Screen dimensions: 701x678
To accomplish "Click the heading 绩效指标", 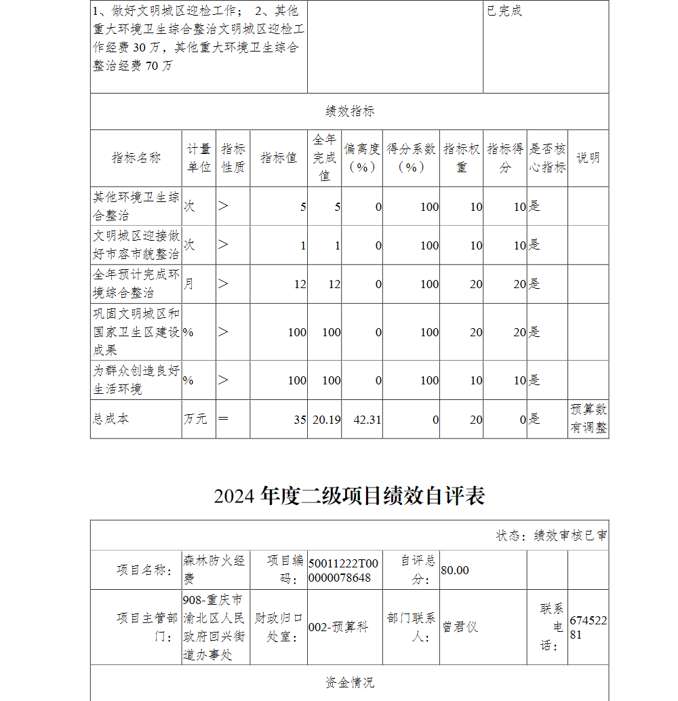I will pyautogui.click(x=349, y=111).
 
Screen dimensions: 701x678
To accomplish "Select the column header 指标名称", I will pyautogui.click(x=136, y=158).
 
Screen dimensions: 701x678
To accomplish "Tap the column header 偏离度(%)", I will pyautogui.click(x=361, y=158).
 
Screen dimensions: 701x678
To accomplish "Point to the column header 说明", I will pyautogui.click(x=588, y=158).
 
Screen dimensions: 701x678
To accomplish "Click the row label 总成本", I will pyautogui.click(x=111, y=419).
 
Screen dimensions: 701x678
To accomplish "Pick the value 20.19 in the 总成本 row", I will pyautogui.click(x=326, y=420).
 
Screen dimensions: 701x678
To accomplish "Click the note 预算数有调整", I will pyautogui.click(x=588, y=419).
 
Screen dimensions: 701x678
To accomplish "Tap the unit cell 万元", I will pyautogui.click(x=195, y=419).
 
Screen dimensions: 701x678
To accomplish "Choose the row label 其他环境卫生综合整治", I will pyautogui.click(x=136, y=206).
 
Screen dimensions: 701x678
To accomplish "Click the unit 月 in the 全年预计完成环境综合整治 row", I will pyautogui.click(x=188, y=284).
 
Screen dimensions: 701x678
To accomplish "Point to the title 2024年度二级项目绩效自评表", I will pyautogui.click(x=349, y=496).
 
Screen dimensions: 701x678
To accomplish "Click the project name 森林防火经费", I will pyautogui.click(x=214, y=569).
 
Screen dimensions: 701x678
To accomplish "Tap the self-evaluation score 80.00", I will pyautogui.click(x=455, y=570).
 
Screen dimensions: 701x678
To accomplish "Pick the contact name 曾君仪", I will pyautogui.click(x=460, y=627).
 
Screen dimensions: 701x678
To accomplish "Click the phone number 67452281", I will pyautogui.click(x=588, y=628).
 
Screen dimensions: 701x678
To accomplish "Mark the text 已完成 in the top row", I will pyautogui.click(x=504, y=12).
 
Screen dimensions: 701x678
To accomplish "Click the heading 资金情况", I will pyautogui.click(x=349, y=683).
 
